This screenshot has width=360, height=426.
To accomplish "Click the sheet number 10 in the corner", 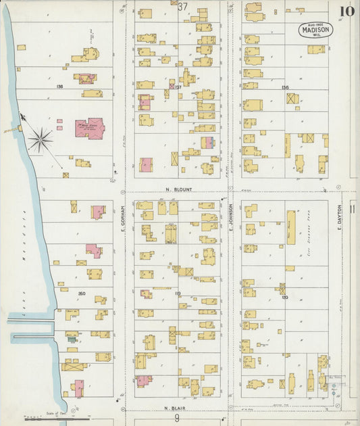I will pyautogui.click(x=346, y=11).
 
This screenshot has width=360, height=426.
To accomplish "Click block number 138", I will pyautogui.click(x=60, y=87).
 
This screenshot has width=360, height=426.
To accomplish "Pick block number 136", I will pyautogui.click(x=284, y=87).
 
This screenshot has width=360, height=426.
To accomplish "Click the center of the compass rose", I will pyautogui.click(x=41, y=140).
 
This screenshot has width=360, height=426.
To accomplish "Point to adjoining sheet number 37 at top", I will pyautogui.click(x=182, y=6).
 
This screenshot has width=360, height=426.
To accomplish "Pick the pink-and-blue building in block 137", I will pyautogui.click(x=208, y=143).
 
